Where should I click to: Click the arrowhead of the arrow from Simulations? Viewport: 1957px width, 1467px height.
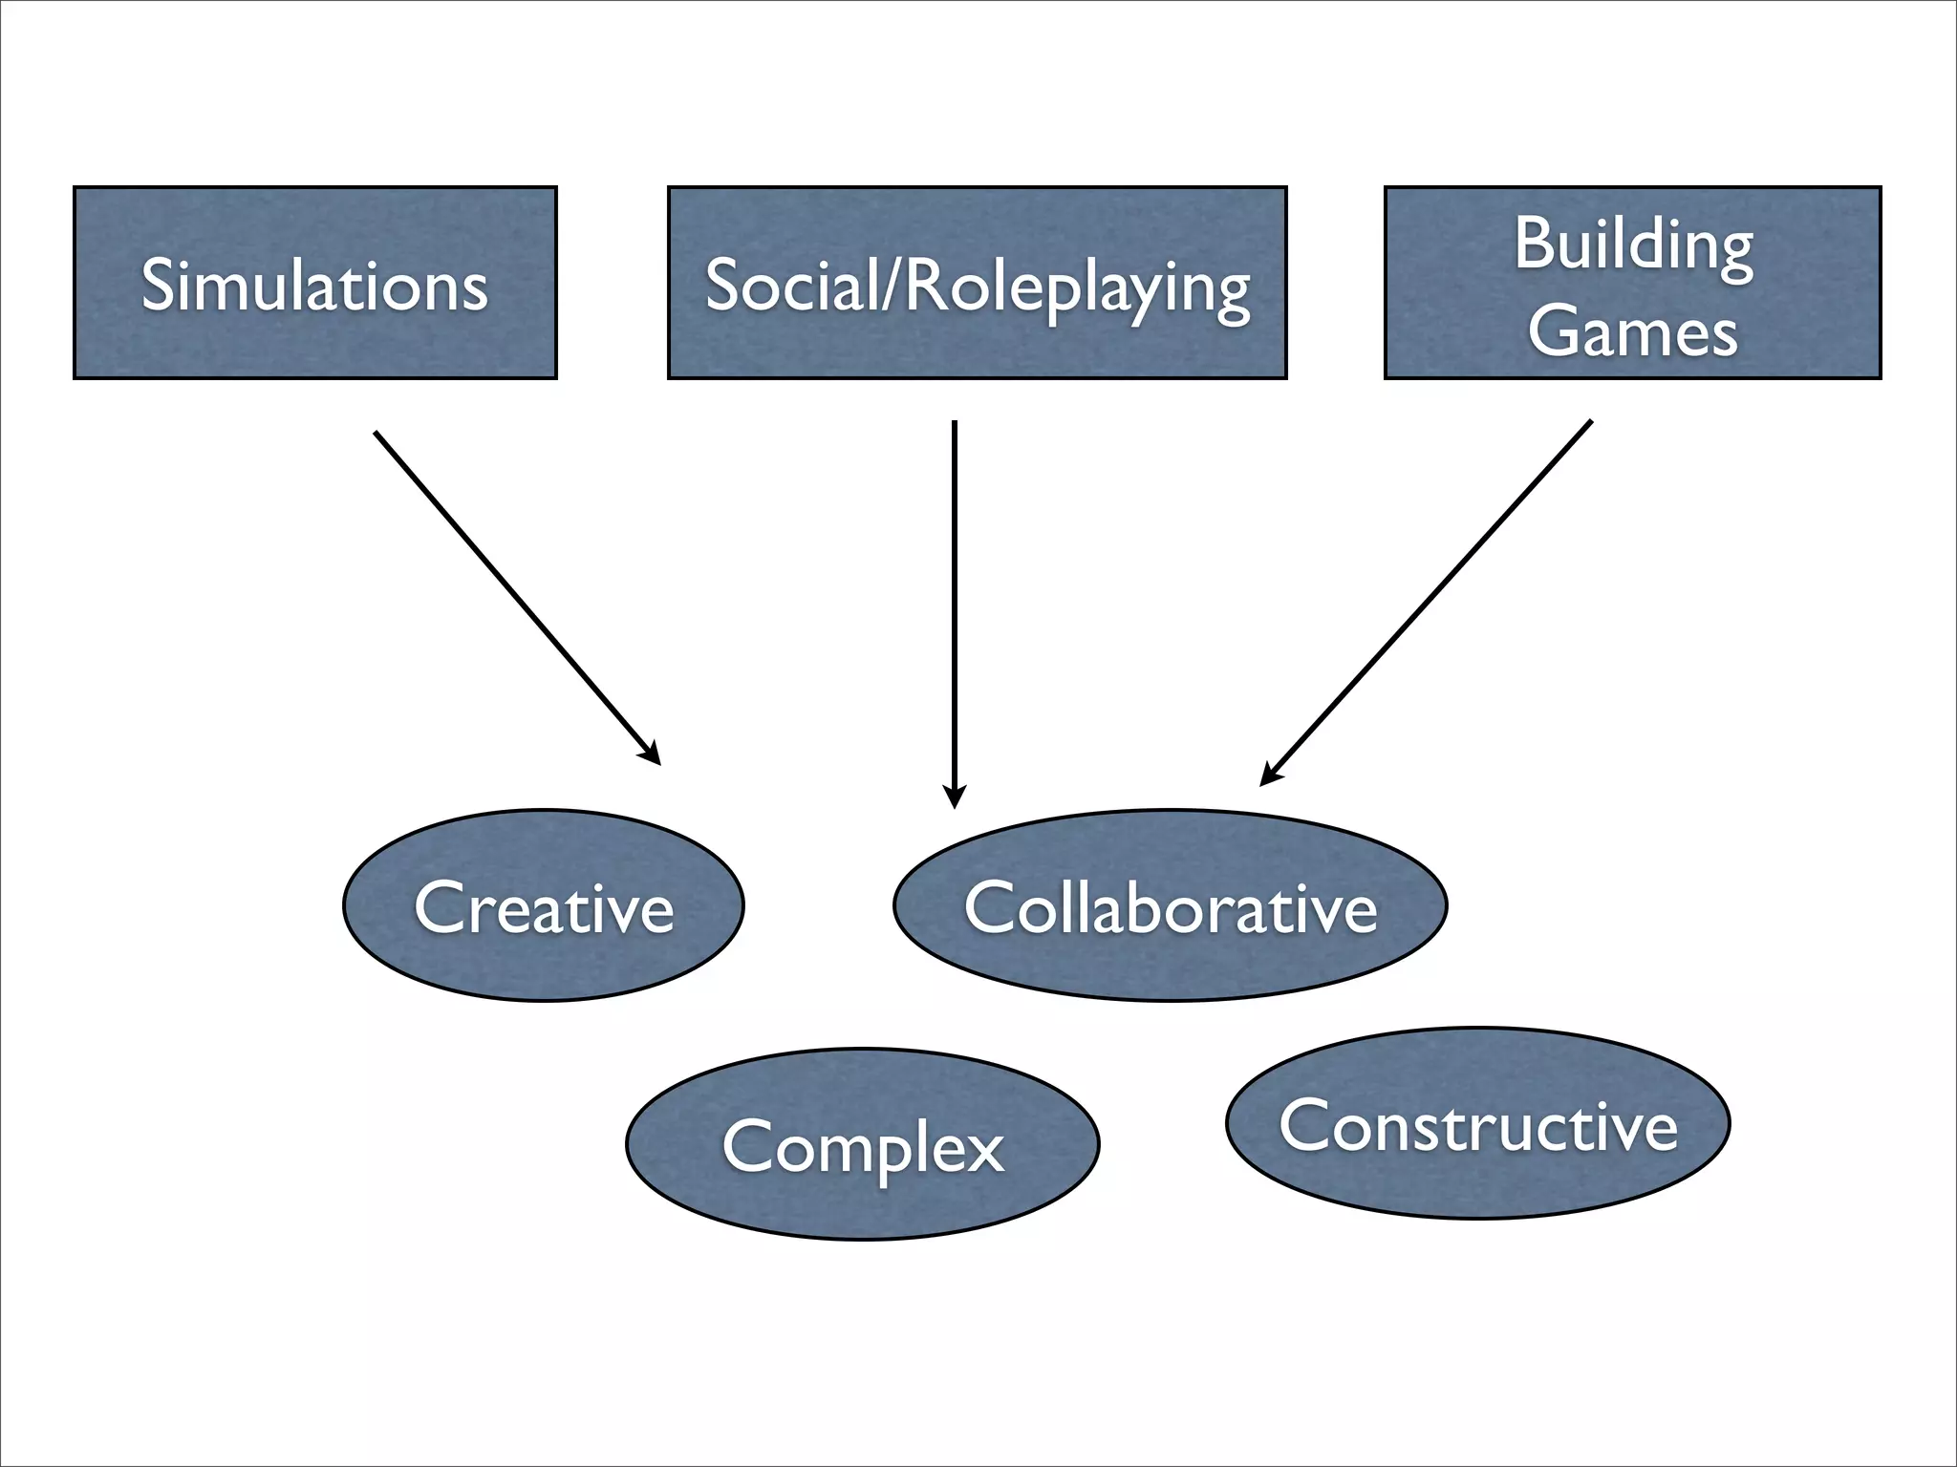tap(653, 755)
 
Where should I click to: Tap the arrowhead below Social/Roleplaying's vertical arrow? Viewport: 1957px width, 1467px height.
tap(954, 798)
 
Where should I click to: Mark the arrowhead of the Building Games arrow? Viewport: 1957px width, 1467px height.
tap(1268, 776)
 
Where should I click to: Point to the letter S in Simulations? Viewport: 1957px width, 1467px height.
tap(159, 285)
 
